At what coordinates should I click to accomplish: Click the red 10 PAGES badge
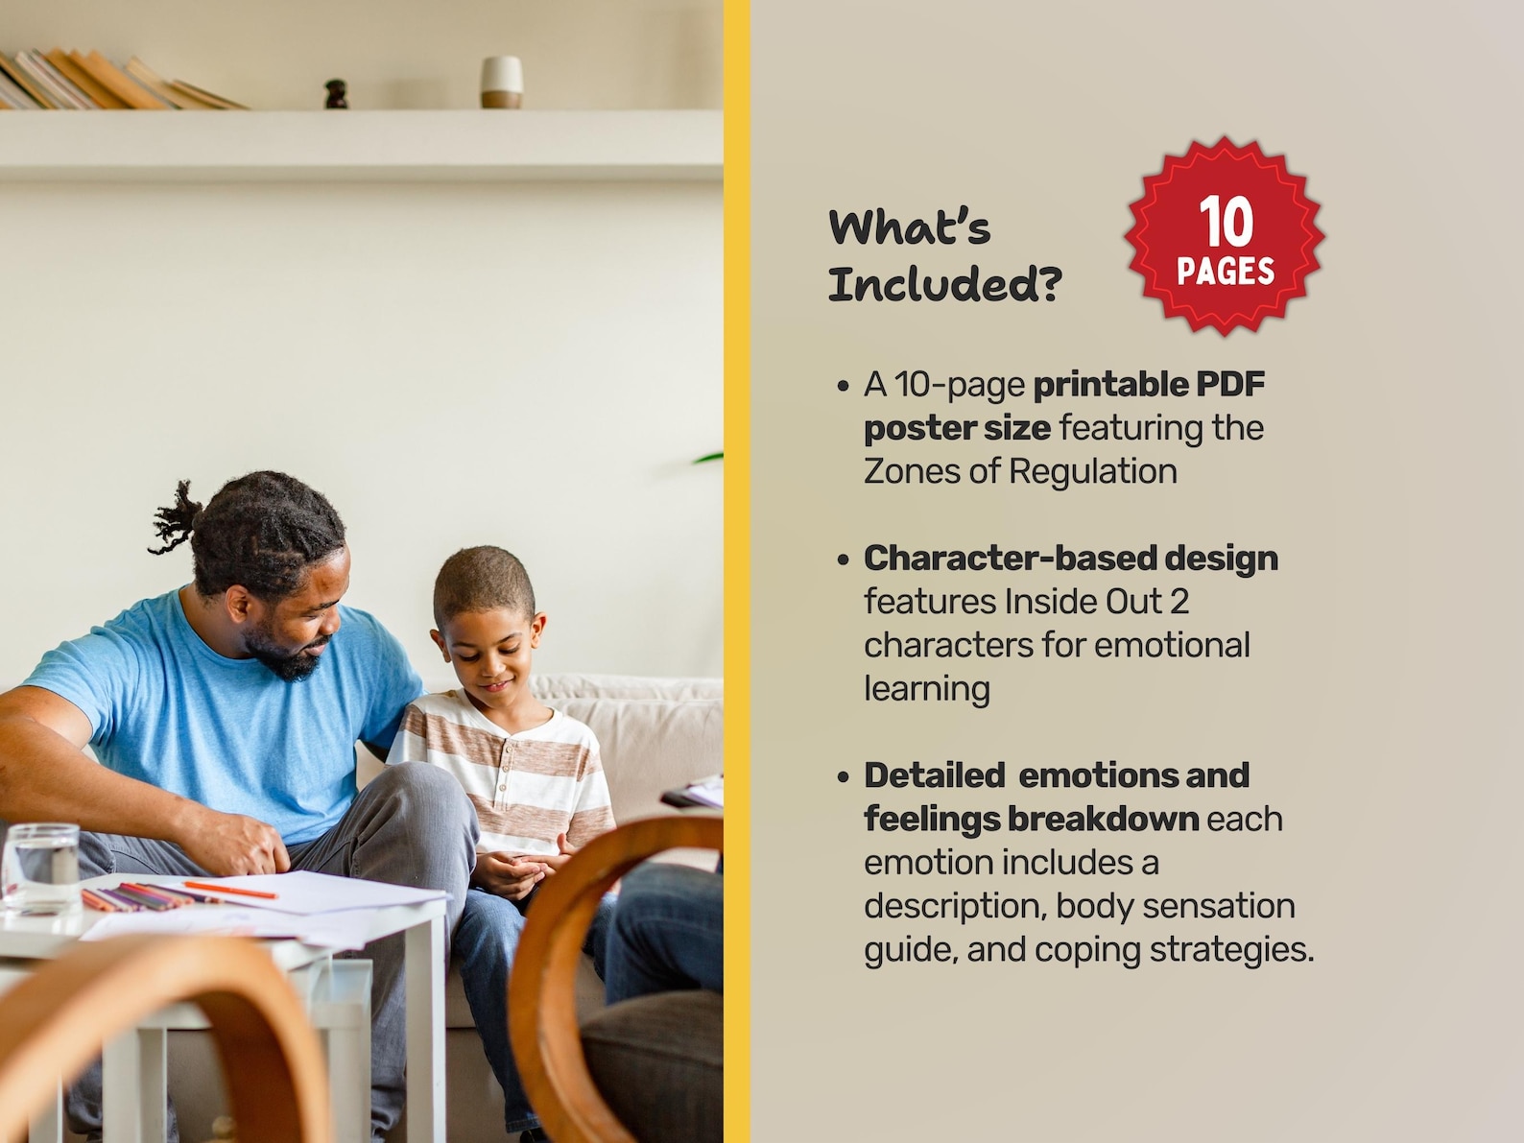(1225, 236)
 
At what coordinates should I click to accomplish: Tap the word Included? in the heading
(944, 284)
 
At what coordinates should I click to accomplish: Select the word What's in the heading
(909, 227)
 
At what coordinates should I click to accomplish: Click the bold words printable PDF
(1149, 384)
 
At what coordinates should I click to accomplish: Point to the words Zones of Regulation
(1020, 471)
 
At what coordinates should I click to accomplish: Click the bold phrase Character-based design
(1070, 558)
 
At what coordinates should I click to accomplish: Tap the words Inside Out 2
(1096, 602)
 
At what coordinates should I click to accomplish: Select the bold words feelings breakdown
(1031, 819)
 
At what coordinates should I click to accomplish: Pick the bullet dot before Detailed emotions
(843, 776)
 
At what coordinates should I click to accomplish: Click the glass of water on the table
(40, 868)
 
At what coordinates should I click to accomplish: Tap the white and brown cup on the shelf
(501, 82)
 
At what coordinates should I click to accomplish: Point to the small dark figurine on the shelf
(336, 94)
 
